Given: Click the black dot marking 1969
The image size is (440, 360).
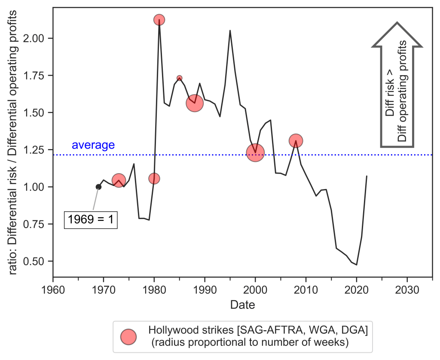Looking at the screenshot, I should click(x=98, y=187).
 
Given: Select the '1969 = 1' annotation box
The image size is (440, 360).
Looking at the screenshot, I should click(x=91, y=220).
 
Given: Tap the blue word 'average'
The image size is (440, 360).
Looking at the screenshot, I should click(x=93, y=145).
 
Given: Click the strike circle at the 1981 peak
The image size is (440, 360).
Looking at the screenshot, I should click(x=159, y=20).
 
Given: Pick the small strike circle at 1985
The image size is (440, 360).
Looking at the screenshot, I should click(x=180, y=78).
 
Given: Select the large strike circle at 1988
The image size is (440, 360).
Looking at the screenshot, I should click(x=195, y=103).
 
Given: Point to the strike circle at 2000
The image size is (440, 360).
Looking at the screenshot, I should click(x=255, y=153).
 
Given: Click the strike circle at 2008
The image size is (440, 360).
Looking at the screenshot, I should click(x=296, y=140).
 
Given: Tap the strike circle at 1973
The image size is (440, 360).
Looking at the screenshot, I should click(x=119, y=180).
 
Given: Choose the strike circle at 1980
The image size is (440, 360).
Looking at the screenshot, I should click(x=154, y=178).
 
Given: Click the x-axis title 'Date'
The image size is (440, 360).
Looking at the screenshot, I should click(x=242, y=305).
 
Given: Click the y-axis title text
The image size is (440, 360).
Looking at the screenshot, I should click(x=14, y=142).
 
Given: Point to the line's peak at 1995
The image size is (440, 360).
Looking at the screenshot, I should click(x=230, y=31).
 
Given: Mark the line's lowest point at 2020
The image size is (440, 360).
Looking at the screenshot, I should click(x=357, y=265).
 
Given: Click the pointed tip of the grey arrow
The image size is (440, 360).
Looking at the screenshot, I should click(x=397, y=23).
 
